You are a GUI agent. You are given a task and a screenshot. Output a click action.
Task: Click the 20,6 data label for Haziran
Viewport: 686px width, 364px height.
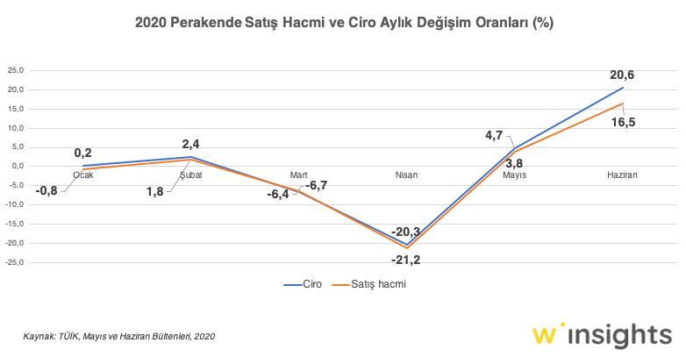coord(624,75)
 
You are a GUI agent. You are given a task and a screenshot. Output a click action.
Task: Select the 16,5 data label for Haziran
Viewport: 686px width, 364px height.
coord(623,122)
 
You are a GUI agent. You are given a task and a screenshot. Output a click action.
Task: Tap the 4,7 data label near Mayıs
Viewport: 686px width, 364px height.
coord(494,135)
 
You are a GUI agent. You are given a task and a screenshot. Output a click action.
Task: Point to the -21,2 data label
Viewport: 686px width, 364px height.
coord(407,260)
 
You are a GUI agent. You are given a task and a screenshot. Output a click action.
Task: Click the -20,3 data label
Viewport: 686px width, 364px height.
coord(407,231)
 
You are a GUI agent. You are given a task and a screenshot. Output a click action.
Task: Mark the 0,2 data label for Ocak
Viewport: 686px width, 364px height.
coord(83,153)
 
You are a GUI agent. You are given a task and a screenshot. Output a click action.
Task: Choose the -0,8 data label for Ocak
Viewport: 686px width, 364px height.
coord(46,190)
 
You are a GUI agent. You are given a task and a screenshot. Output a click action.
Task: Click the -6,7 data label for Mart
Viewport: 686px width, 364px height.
coord(316,184)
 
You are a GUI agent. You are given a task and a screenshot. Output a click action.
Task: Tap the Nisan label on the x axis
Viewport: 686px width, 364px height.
coord(406,175)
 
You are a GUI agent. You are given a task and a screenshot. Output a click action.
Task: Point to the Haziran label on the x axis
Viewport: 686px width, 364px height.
coord(622,175)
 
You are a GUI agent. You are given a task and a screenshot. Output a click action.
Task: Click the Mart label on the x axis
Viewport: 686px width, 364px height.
coord(298,175)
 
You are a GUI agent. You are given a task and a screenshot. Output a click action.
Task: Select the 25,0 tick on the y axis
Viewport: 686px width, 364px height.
coord(16,70)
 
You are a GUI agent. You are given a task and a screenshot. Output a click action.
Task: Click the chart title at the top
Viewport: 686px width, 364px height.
coord(344,20)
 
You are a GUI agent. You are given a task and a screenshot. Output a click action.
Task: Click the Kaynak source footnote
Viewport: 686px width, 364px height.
coord(118,335)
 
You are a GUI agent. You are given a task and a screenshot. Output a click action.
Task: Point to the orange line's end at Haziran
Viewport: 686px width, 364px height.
coord(622,103)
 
